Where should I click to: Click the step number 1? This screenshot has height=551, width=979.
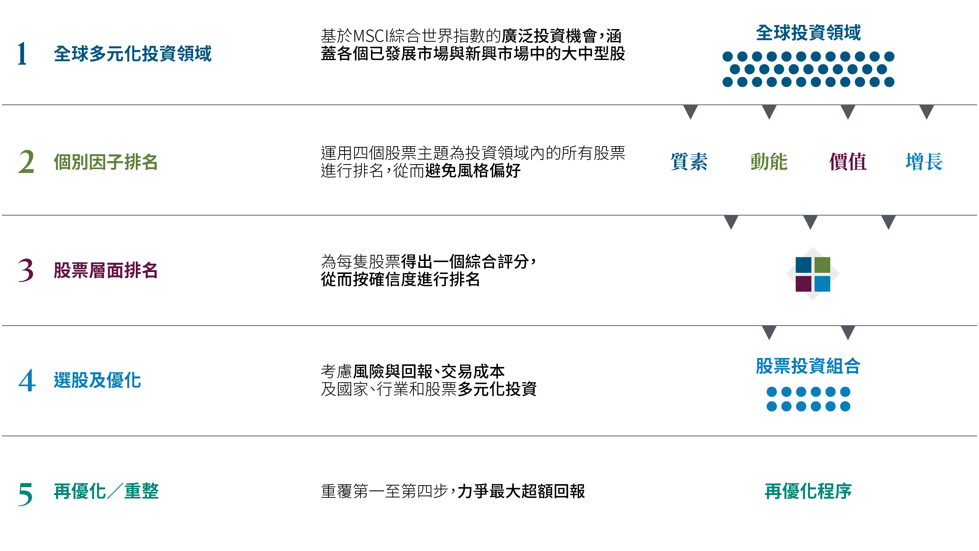coord(22,54)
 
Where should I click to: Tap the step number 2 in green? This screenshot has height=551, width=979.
coord(26,162)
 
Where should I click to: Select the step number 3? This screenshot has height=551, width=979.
coord(26,270)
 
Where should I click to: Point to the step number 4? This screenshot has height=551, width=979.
coord(27,380)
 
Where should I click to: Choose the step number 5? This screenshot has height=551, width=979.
coord(25,494)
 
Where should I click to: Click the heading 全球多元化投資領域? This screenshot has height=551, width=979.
coord(133,54)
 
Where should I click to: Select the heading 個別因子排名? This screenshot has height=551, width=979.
coord(106,162)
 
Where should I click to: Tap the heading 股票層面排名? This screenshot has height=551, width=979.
coord(106,270)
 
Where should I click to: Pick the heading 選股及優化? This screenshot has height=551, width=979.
coord(98,380)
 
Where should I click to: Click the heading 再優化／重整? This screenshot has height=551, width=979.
coord(106,491)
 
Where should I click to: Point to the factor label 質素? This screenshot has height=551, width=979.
coord(689,162)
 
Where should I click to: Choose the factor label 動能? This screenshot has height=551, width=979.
coord(769,162)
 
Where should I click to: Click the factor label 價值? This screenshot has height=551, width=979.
coord(848,162)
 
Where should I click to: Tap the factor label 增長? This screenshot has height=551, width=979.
coord(924,162)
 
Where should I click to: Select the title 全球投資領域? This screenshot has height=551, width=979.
coord(808,33)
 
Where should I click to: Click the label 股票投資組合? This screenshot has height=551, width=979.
coord(808,366)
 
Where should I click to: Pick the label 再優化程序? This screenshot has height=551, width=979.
coord(808,491)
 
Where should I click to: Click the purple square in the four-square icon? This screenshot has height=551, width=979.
coord(803,284)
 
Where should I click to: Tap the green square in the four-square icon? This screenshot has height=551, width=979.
coord(822,265)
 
